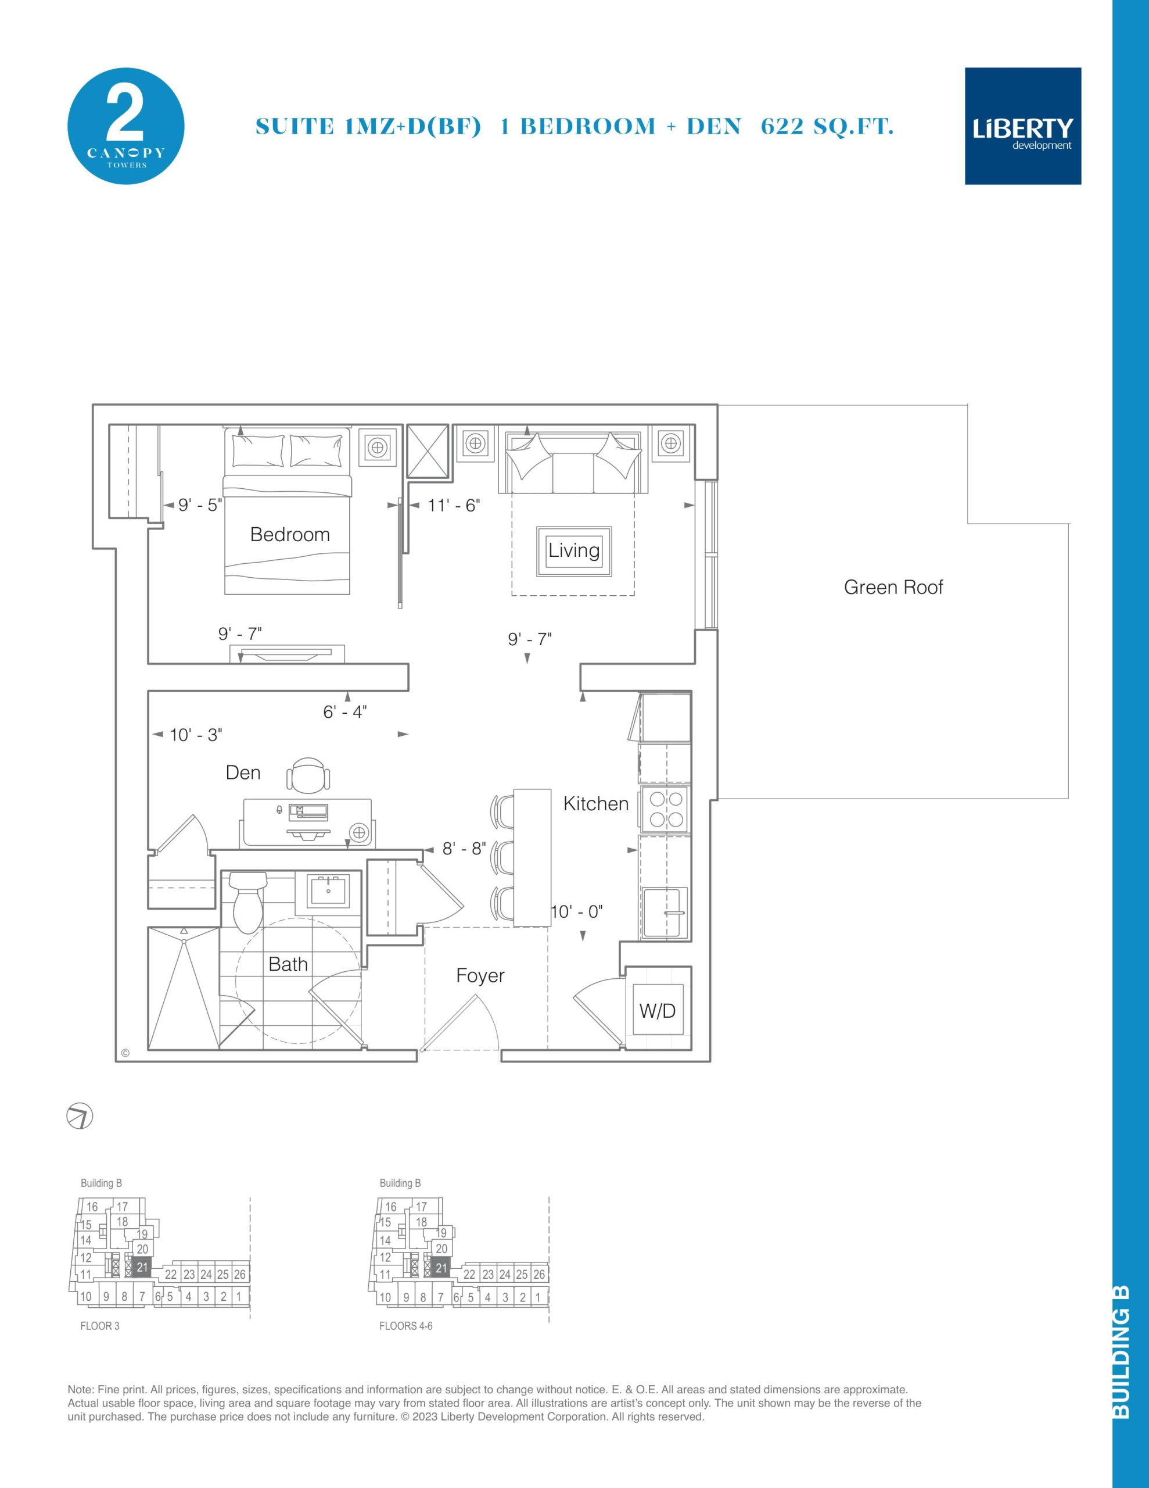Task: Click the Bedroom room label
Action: tap(290, 534)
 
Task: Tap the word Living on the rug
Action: tap(574, 550)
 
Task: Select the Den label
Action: tap(243, 772)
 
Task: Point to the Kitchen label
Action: tap(596, 804)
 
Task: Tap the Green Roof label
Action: tap(893, 587)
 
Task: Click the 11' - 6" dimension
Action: tap(454, 506)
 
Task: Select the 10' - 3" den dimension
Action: tap(196, 735)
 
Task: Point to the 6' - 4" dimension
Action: tap(344, 712)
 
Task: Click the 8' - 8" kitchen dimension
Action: tap(464, 849)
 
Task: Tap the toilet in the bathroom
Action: tap(248, 902)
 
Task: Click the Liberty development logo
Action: tap(1023, 126)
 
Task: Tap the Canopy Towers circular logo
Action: tap(126, 126)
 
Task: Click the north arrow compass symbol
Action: tap(80, 1117)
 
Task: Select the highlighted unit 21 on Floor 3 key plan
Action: tap(142, 1268)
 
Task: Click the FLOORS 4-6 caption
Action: tap(406, 1326)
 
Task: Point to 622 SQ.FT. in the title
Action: tap(827, 127)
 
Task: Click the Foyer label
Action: tap(480, 977)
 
